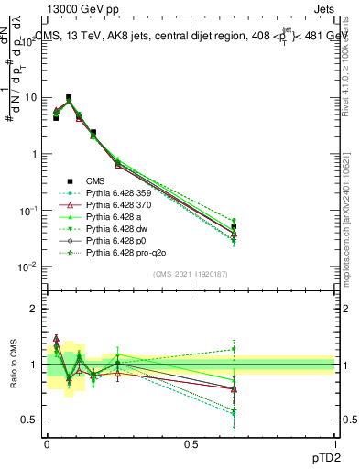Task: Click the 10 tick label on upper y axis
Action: click(x=27, y=97)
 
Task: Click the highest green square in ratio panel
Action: click(x=234, y=349)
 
